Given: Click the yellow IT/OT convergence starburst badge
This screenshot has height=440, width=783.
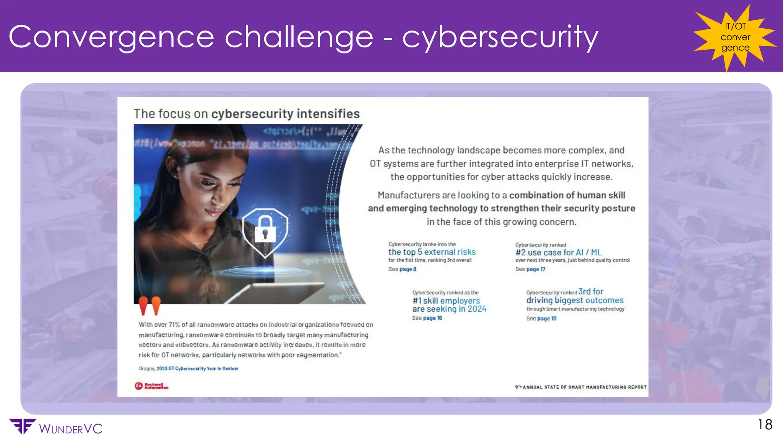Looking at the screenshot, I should coord(735,37).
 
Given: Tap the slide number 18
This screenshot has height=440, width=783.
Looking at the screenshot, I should coord(765,425).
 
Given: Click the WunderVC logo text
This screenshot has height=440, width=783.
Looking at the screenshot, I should coord(70,429).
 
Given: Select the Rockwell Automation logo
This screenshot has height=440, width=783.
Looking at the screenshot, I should coord(151,386).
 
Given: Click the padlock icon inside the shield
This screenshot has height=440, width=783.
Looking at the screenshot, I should coord(265,228).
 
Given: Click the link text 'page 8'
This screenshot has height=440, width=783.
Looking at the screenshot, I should coord(408,269).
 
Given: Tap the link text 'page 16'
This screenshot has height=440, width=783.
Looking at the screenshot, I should coord(432,318).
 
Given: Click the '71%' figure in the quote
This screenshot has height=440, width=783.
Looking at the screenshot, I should coord(174,325).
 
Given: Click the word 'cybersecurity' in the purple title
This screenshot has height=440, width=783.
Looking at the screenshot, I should coord(500,37).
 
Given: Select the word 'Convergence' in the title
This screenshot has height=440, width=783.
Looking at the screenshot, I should coord(111,37).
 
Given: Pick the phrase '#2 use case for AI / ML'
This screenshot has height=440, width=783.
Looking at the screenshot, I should coord(559,252).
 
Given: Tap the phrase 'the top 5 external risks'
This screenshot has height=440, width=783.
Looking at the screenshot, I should coord(432,252).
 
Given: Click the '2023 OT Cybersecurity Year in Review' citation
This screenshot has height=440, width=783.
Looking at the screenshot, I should coord(197,369).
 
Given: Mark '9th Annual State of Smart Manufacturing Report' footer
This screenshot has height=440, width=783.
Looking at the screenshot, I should coord(580,387).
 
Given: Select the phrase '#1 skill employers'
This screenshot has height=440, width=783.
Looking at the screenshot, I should coord(446,301).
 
